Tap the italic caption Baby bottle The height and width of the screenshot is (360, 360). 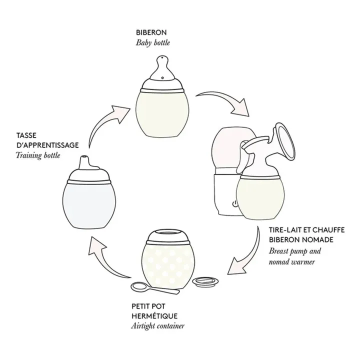point(153,43)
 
